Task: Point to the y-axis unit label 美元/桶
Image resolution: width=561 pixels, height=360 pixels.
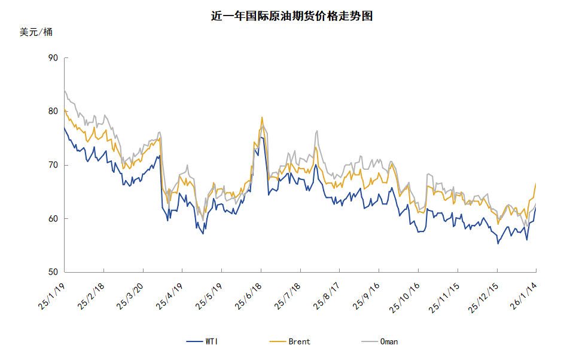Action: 36,32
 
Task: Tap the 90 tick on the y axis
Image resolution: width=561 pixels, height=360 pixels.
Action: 53,58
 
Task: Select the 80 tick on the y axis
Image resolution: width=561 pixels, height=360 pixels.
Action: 53,111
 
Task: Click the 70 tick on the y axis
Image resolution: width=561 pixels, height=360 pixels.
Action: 53,165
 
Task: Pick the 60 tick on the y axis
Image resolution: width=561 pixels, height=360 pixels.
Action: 53,219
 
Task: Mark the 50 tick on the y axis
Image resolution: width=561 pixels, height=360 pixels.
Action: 53,272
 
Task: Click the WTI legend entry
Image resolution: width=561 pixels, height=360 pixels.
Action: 203,341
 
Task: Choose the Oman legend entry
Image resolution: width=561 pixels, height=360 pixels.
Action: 380,341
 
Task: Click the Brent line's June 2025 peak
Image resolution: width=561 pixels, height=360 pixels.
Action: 262,117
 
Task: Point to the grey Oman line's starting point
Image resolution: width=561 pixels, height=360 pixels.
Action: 64,90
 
